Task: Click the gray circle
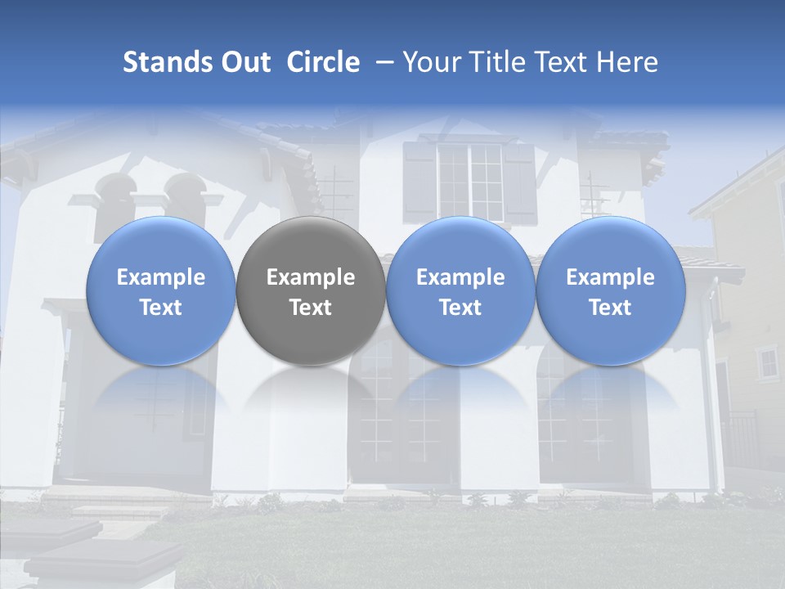[311, 291]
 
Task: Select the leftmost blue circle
[160, 291]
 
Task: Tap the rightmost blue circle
[610, 291]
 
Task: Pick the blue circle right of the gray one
[460, 291]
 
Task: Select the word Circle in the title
[323, 62]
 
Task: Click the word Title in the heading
[500, 62]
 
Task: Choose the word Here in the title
[627, 62]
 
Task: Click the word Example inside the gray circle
[311, 277]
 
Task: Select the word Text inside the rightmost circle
[610, 308]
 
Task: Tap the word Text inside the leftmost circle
[160, 308]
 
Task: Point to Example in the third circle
[460, 277]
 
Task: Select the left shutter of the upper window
[419, 182]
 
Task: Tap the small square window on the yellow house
[767, 362]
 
